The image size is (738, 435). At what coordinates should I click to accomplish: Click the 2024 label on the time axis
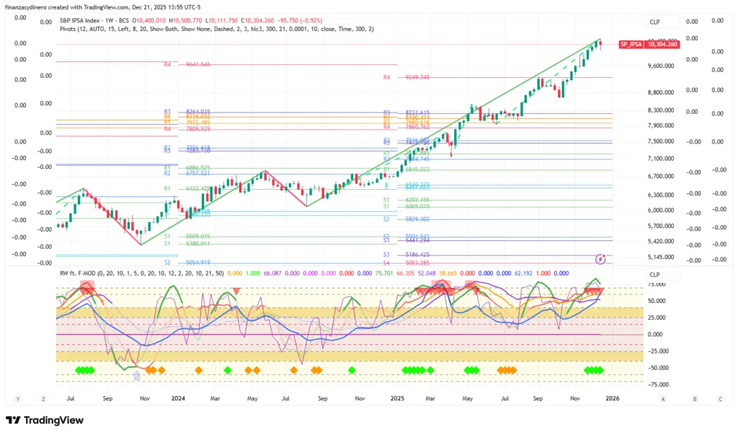tap(177, 397)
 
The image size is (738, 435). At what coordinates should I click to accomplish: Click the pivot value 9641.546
tap(198, 64)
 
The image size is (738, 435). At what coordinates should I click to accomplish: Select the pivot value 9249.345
tap(417, 77)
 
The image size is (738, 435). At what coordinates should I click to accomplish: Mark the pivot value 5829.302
tap(417, 219)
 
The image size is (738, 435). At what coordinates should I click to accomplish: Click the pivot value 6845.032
tap(417, 170)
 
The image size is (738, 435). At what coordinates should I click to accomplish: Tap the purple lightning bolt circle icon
tap(600, 258)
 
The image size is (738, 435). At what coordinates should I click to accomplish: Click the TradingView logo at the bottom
tap(45, 421)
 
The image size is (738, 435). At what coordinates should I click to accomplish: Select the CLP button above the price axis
tap(654, 22)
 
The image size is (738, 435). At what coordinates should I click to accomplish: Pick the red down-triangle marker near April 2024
tap(236, 291)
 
